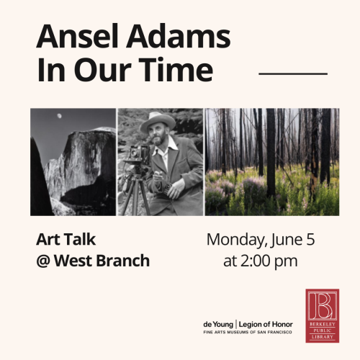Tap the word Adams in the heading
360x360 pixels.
tap(179, 36)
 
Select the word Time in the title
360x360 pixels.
tap(176, 69)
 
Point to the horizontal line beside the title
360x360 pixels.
tap(293, 73)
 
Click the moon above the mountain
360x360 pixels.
tap(59, 116)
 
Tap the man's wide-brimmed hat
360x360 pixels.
tap(157, 122)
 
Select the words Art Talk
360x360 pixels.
tap(66, 240)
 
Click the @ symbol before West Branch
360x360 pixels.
tap(43, 261)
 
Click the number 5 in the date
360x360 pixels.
tap(310, 239)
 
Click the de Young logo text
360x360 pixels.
tap(218, 325)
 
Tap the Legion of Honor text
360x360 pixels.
tap(266, 325)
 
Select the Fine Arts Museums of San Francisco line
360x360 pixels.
tap(248, 333)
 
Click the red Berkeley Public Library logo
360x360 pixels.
tap(322, 315)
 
